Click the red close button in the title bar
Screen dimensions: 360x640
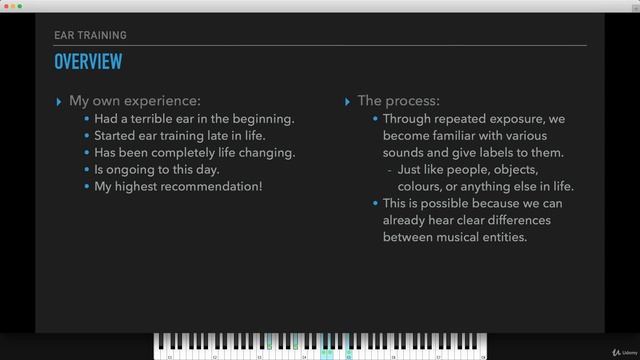[x=7, y=7]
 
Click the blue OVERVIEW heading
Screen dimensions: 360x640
[x=88, y=62]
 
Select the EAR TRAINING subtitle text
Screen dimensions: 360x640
[x=90, y=35]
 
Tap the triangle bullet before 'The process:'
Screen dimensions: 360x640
[x=347, y=101]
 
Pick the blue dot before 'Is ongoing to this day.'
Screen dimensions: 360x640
[x=87, y=170]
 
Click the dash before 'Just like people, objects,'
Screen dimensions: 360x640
[x=388, y=170]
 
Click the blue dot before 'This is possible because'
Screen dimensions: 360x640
[x=375, y=204]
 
